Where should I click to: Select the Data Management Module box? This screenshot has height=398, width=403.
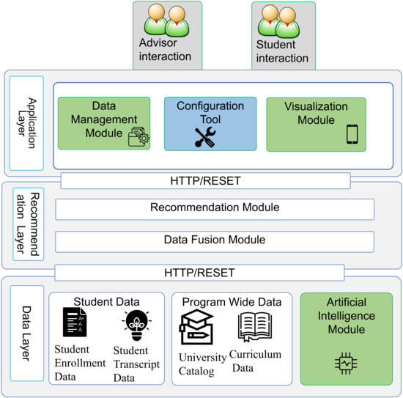[x=103, y=124]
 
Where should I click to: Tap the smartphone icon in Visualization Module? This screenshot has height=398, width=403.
[x=352, y=134]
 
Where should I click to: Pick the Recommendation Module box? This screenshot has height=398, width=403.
[x=215, y=208]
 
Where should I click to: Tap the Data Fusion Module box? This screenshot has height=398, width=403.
[x=215, y=240]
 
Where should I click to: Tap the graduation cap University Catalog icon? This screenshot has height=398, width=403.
[x=196, y=328]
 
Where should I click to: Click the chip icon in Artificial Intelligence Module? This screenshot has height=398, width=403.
[x=346, y=362]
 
